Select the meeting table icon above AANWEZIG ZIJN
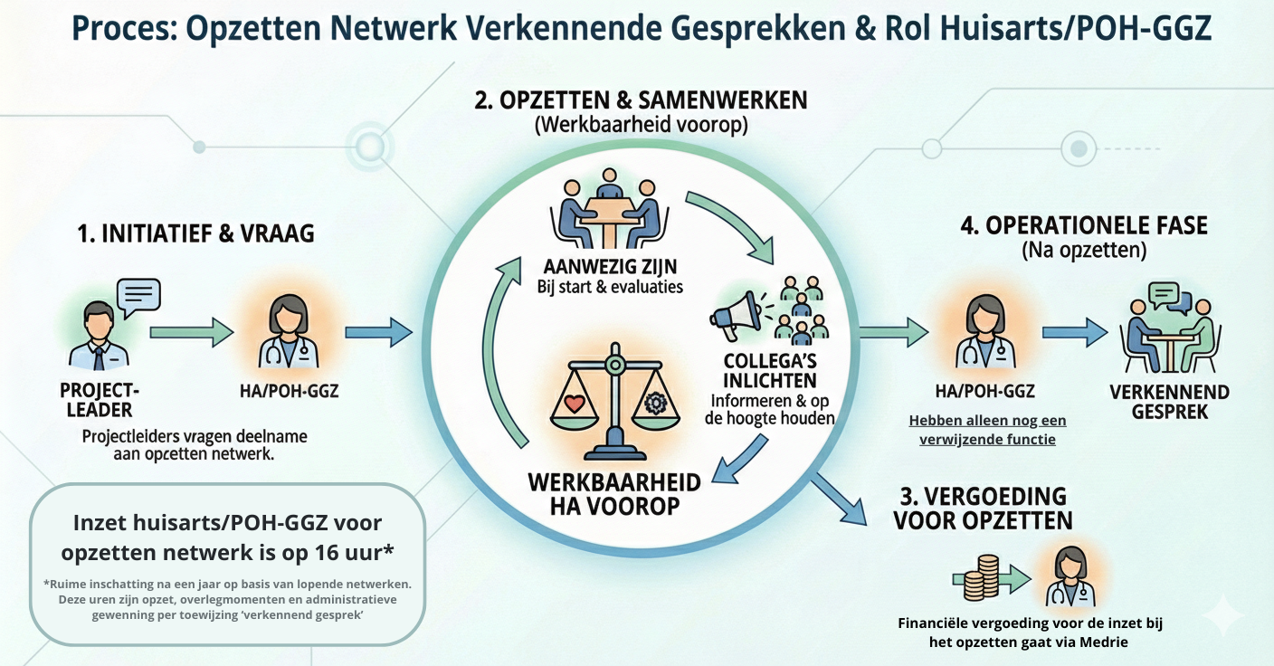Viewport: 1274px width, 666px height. click(x=608, y=214)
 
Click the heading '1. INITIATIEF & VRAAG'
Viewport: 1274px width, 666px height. click(x=196, y=234)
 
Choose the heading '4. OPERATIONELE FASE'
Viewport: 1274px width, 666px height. click(x=1084, y=225)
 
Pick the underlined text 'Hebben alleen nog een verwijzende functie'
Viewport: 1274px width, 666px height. click(x=987, y=430)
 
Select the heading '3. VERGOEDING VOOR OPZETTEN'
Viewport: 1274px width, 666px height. click(x=983, y=508)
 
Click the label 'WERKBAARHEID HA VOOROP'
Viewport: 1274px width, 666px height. click(x=614, y=492)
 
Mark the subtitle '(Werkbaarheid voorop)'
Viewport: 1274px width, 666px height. click(x=641, y=125)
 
